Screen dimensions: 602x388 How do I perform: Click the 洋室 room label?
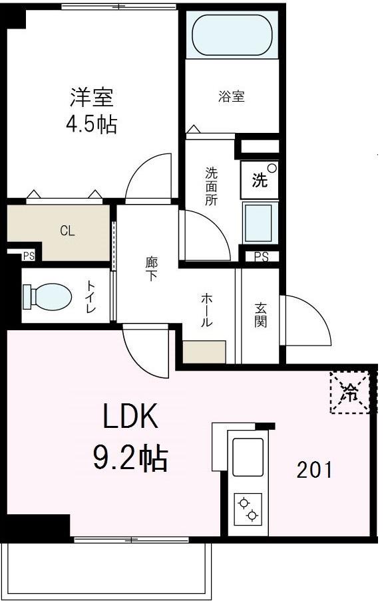pyautogui.click(x=92, y=98)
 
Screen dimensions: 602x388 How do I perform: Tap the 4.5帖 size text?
pyautogui.click(x=92, y=124)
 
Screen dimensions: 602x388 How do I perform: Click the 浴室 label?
pyautogui.click(x=232, y=97)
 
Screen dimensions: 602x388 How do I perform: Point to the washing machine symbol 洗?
pyautogui.click(x=260, y=180)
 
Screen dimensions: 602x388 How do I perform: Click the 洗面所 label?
pyautogui.click(x=211, y=187)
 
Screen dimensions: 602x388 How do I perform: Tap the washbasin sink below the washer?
pyautogui.click(x=259, y=222)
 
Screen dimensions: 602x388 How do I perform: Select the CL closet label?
pyautogui.click(x=67, y=231)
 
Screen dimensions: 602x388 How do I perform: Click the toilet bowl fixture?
pyautogui.click(x=47, y=296)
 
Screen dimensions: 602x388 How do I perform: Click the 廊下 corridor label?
pyautogui.click(x=151, y=268)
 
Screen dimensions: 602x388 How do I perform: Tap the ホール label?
pyautogui.click(x=206, y=311)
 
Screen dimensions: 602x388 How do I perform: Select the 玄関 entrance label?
pyautogui.click(x=260, y=315)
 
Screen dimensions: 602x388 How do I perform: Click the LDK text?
pyautogui.click(x=130, y=418)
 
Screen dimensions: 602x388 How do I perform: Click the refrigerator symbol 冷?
pyautogui.click(x=349, y=393)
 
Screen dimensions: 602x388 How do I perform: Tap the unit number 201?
pyautogui.click(x=314, y=470)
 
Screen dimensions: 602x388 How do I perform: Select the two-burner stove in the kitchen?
pyautogui.click(x=247, y=509)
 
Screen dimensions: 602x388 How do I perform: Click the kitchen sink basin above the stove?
pyautogui.click(x=247, y=456)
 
